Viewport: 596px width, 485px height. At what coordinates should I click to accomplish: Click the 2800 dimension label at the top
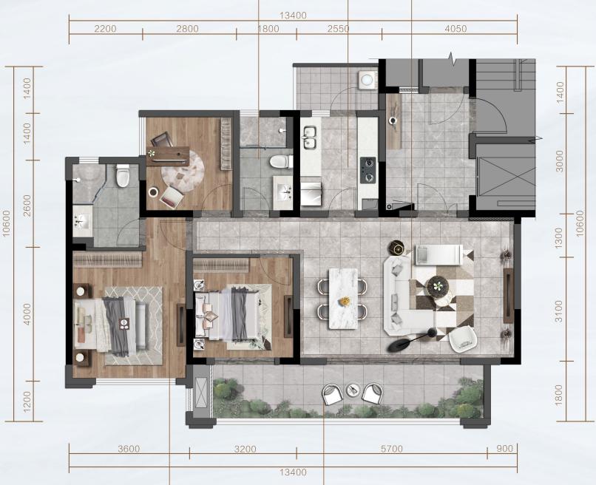pyautogui.click(x=187, y=29)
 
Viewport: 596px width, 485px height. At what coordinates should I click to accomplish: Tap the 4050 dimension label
pyautogui.click(x=456, y=29)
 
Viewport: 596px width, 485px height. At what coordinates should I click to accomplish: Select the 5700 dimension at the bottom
pyautogui.click(x=391, y=449)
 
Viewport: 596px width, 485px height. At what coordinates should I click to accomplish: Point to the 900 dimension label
pyautogui.click(x=505, y=449)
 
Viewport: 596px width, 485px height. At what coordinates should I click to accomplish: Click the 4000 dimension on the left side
pyautogui.click(x=27, y=313)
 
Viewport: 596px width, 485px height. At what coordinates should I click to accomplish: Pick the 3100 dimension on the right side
pyautogui.click(x=558, y=311)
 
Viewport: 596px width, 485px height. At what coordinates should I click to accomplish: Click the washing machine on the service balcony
pyautogui.click(x=367, y=80)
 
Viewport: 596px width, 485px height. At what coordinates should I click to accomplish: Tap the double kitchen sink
pyautogui.click(x=310, y=138)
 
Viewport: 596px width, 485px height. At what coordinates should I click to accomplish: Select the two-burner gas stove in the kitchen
pyautogui.click(x=368, y=170)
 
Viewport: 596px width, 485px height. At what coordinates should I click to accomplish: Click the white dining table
pyautogui.click(x=343, y=299)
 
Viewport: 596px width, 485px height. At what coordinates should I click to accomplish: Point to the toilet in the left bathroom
pyautogui.click(x=123, y=176)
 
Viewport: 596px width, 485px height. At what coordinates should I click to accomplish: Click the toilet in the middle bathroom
pyautogui.click(x=281, y=161)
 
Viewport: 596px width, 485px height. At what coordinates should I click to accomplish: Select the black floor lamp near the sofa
pyautogui.click(x=410, y=340)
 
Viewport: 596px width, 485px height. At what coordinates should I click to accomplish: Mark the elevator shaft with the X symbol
pyautogui.click(x=506, y=178)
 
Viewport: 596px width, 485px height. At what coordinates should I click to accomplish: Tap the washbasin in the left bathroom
pyautogui.click(x=83, y=221)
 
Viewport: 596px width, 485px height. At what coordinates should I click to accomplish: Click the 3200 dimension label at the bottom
pyautogui.click(x=245, y=449)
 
